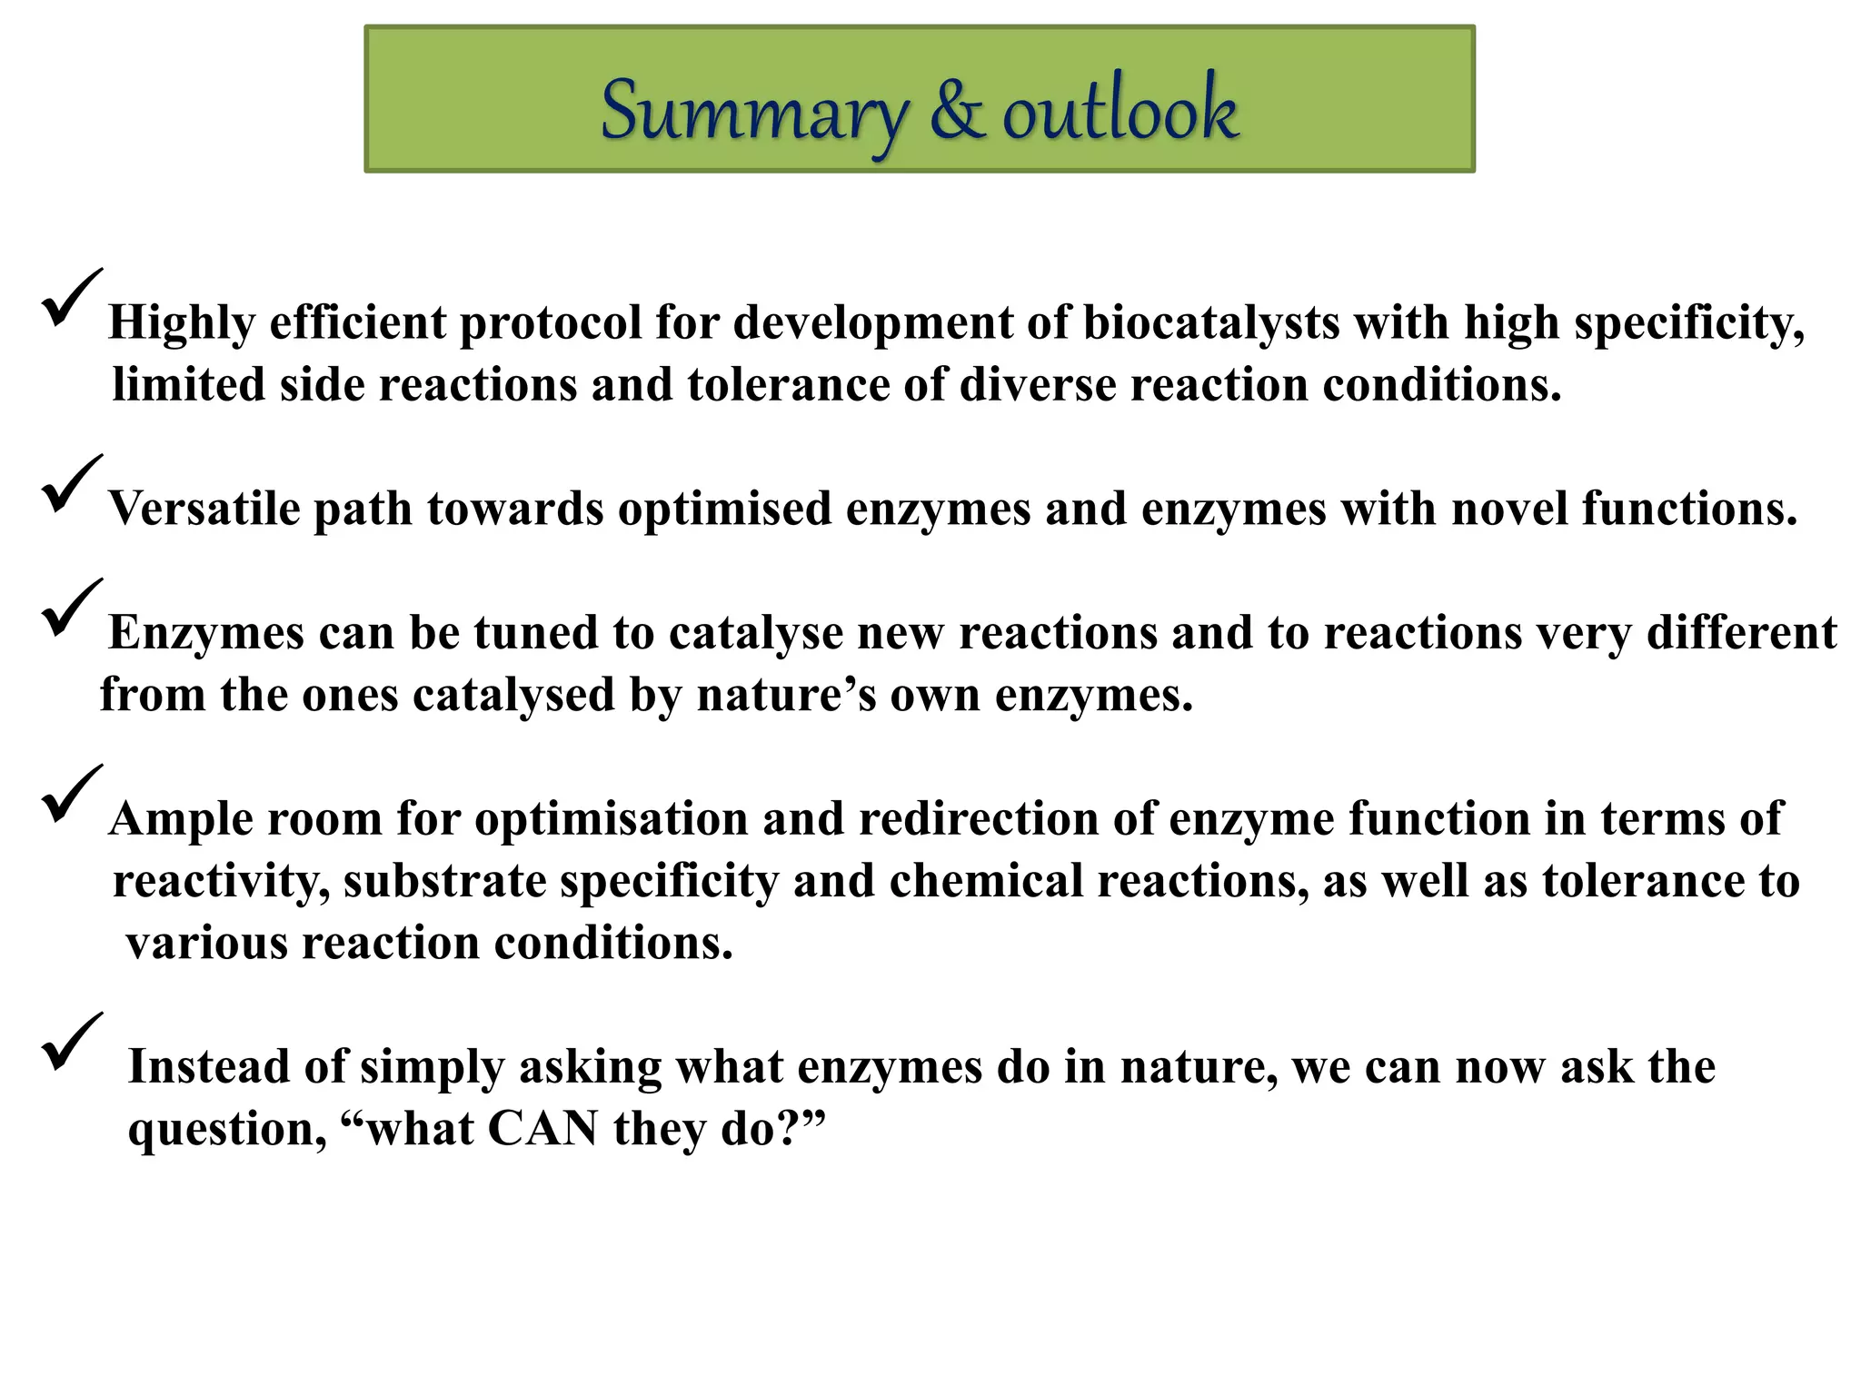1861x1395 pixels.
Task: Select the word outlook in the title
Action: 1120,111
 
